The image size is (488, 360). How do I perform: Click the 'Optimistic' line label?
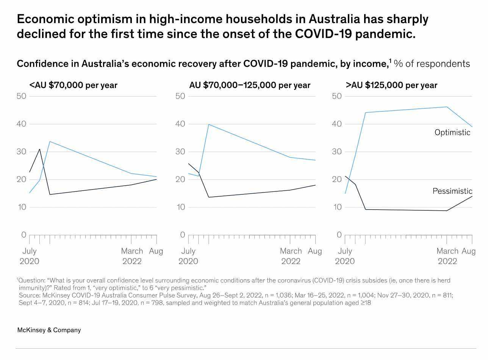coord(452,133)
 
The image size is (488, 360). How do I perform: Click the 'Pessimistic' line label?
coord(452,191)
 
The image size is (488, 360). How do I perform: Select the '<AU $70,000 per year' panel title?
coord(73,85)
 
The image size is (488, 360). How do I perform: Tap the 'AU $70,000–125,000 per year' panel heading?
coord(250,85)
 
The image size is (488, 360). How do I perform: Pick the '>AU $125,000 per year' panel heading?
coord(391,85)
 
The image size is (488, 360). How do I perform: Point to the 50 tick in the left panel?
coord(22,96)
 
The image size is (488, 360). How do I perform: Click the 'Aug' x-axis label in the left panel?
coord(156,251)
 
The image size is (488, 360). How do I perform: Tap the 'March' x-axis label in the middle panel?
coord(291,251)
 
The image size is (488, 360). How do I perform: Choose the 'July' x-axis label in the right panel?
coord(344,251)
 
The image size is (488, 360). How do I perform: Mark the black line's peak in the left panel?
coord(40,149)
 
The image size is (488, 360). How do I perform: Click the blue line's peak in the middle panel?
coord(209,124)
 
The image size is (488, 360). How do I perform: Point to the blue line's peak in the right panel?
coord(447,107)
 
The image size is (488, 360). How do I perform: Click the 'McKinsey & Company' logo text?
coord(49,330)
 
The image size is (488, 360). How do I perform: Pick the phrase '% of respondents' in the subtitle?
coord(432,64)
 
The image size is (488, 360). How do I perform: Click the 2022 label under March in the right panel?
coord(447,261)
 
